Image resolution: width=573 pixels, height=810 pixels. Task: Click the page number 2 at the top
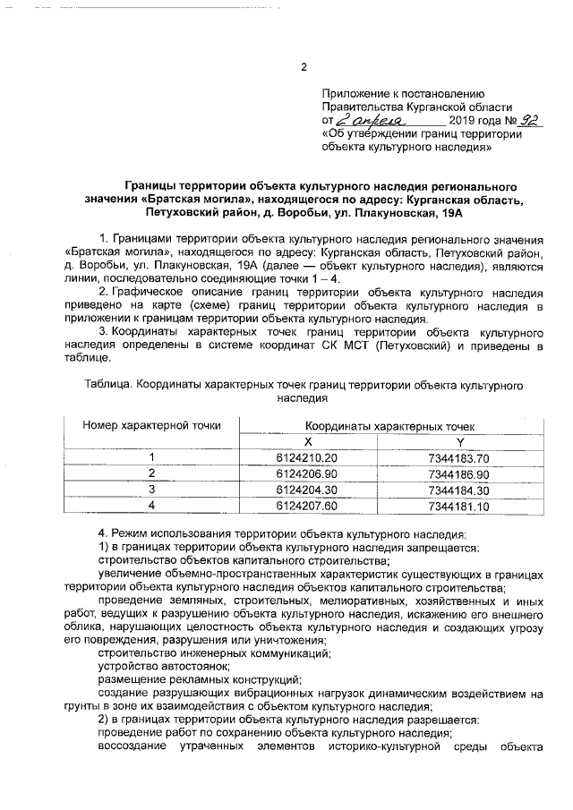(x=304, y=66)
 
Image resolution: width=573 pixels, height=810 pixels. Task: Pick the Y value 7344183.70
(x=459, y=457)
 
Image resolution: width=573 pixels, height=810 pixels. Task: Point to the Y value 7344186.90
(x=459, y=473)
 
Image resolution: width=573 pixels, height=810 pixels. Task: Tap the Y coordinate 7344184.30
(x=459, y=490)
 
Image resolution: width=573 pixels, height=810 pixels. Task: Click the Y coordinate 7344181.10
(x=459, y=506)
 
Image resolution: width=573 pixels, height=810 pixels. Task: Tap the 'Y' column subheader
(x=460, y=441)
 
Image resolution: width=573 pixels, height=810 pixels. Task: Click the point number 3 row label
(x=151, y=490)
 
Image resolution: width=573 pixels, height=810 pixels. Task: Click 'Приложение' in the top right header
(x=354, y=93)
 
